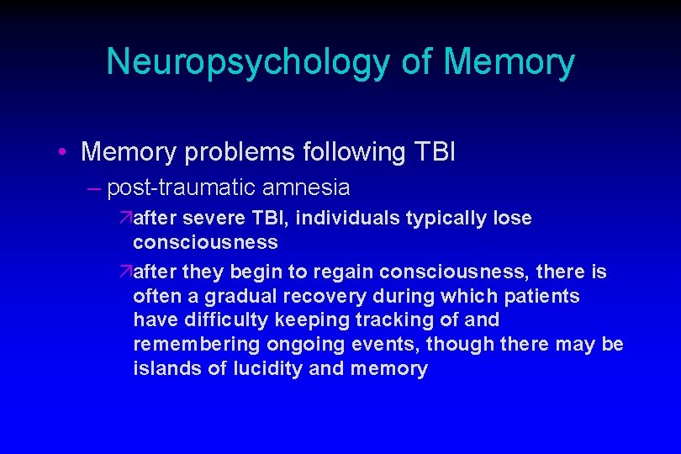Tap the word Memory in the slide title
pyautogui.click(x=509, y=62)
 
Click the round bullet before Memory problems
pyautogui.click(x=64, y=152)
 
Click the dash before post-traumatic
pyautogui.click(x=92, y=187)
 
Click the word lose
pyautogui.click(x=512, y=219)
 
